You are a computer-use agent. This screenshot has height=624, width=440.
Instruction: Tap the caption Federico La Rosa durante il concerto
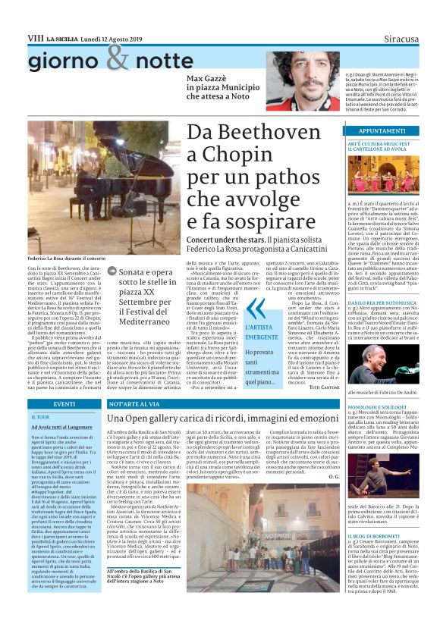(x=68, y=259)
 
